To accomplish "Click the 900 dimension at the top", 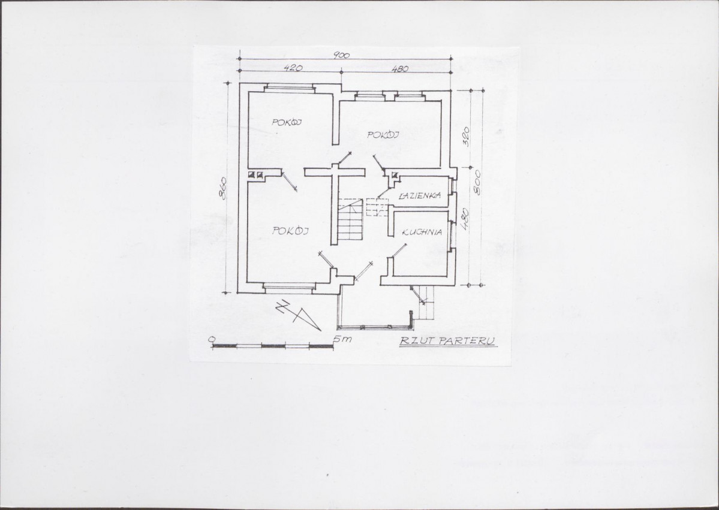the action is (341, 56).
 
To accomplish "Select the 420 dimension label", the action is (293, 68).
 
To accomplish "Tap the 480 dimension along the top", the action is (399, 69).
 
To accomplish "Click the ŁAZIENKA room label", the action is (420, 195).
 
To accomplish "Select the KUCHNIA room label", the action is (422, 233).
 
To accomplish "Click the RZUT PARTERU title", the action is (447, 341).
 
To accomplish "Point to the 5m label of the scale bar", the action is (342, 339).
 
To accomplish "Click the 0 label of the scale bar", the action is (211, 339).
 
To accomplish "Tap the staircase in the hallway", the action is (351, 221).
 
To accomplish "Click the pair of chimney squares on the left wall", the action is (255, 174).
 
